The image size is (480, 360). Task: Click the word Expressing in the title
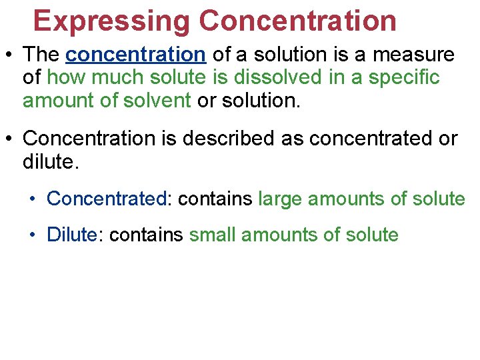pyautogui.click(x=112, y=20)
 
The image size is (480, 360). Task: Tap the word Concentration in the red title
pyautogui.click(x=297, y=20)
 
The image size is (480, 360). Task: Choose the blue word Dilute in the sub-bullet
pyautogui.click(x=71, y=235)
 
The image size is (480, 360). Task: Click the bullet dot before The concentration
pyautogui.click(x=10, y=55)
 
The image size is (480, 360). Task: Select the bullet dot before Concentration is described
pyautogui.click(x=10, y=139)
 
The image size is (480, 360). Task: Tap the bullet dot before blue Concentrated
pyautogui.click(x=33, y=199)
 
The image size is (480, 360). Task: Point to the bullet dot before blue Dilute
pyautogui.click(x=33, y=235)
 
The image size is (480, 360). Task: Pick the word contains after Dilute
pyautogui.click(x=146, y=235)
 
